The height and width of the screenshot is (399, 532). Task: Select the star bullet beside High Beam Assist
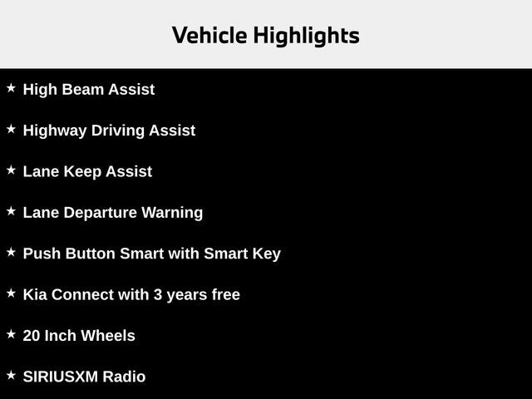click(x=11, y=88)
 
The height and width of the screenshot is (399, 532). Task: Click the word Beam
click(x=86, y=90)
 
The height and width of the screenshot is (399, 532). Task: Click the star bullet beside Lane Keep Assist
click(x=11, y=170)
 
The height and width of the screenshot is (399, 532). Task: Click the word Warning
click(x=171, y=213)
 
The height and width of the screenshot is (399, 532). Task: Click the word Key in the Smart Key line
click(x=267, y=254)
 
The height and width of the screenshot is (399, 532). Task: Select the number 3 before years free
click(x=157, y=294)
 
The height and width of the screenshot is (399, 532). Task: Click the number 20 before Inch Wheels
click(x=32, y=336)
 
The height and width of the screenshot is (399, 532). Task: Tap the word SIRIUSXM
click(x=61, y=377)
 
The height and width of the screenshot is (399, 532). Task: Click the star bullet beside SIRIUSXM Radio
click(x=11, y=375)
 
